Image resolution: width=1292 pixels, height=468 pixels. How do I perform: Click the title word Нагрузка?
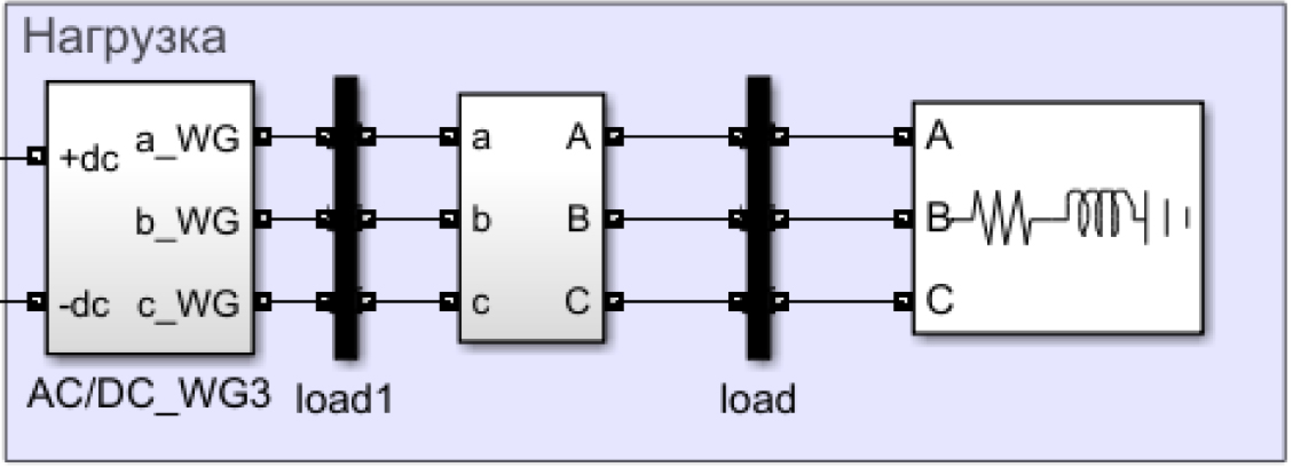(x=124, y=38)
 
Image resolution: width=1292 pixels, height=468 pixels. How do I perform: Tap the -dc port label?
(x=84, y=305)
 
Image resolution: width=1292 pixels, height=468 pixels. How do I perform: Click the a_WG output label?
(x=187, y=139)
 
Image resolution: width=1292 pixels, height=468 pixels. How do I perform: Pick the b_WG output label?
(x=187, y=221)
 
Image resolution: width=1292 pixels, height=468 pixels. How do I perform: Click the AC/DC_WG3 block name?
(x=149, y=394)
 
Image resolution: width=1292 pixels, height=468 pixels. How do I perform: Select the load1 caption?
(x=344, y=399)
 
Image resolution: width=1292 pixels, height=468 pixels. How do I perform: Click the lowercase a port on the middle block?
(x=480, y=138)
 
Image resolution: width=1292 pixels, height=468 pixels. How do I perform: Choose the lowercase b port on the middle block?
(x=480, y=221)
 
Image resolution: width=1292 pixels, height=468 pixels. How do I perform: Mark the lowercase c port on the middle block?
(x=480, y=303)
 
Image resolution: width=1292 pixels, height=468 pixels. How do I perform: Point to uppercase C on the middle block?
(x=577, y=301)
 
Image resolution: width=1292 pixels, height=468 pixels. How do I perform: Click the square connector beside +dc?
(x=36, y=156)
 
